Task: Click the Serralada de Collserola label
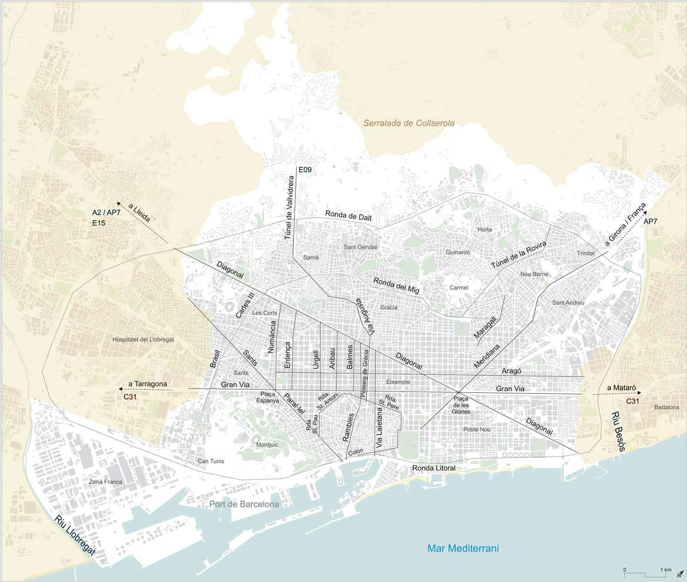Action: (409, 123)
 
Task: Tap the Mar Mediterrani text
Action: (463, 548)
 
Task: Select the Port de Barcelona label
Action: (244, 504)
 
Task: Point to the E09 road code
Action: (305, 170)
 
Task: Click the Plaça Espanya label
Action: (268, 397)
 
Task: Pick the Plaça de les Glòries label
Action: (460, 405)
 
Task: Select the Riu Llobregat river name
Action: (75, 535)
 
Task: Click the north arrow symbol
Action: (679, 574)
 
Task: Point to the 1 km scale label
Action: (665, 570)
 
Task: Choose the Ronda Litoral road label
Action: (434, 468)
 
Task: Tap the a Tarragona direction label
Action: (147, 384)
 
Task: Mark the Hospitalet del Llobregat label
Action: (143, 340)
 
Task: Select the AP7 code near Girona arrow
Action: (650, 222)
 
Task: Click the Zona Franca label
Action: (106, 482)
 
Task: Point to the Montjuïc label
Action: (267, 445)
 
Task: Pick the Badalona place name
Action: (666, 407)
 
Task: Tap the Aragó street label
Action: (511, 371)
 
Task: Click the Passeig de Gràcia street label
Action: (365, 373)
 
